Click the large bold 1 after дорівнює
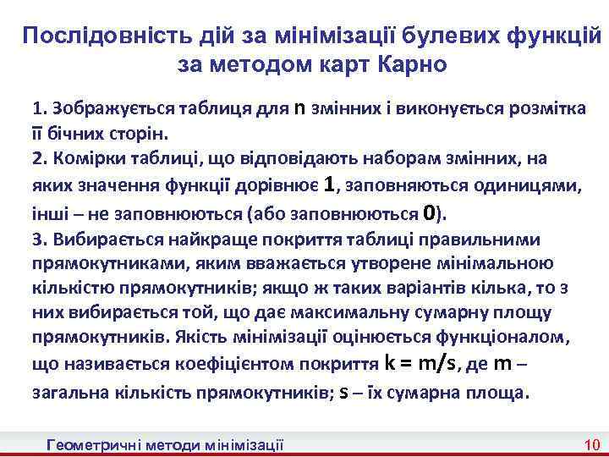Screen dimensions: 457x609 coord(331,184)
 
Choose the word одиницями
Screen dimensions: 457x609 coord(538,185)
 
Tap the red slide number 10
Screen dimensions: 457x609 coord(592,444)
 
